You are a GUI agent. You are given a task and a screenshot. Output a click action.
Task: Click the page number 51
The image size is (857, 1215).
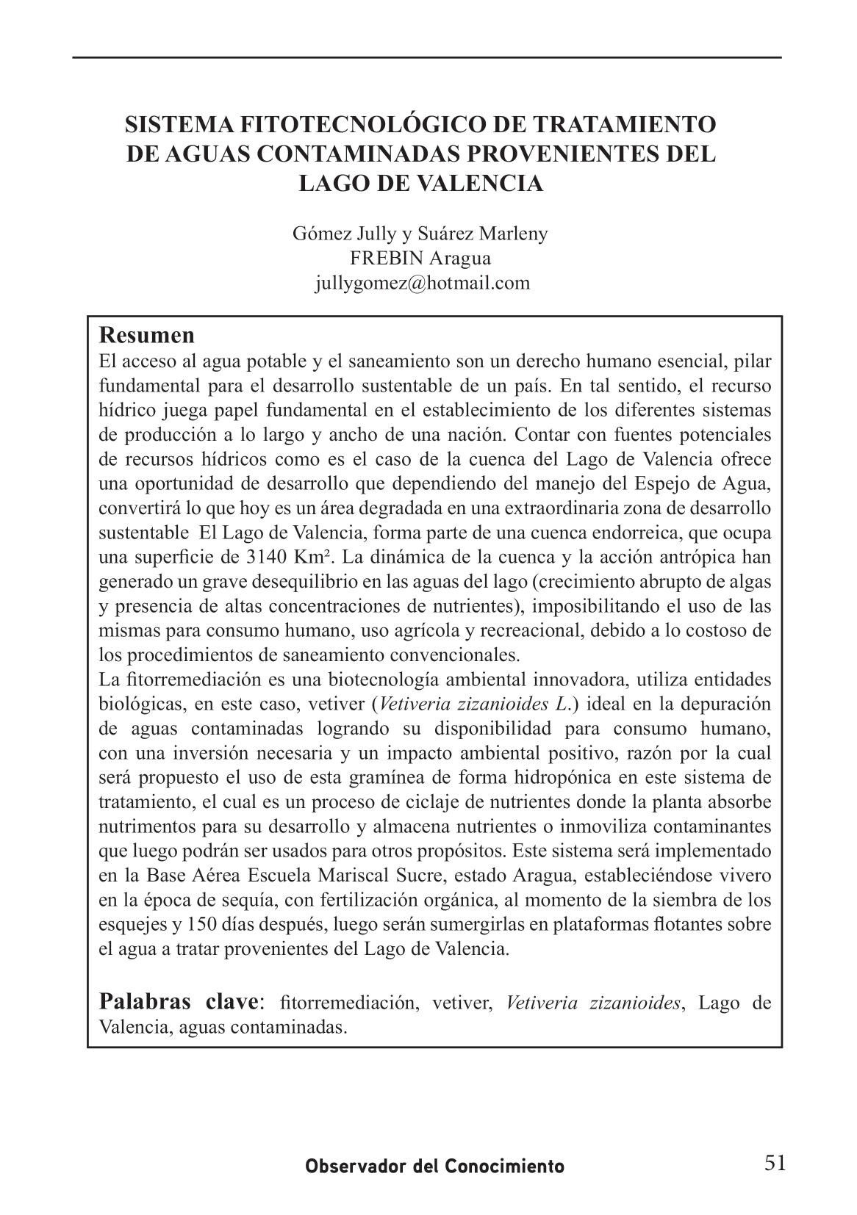[x=775, y=1164]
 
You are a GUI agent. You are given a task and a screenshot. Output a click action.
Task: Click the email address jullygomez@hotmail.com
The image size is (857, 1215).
[x=422, y=283]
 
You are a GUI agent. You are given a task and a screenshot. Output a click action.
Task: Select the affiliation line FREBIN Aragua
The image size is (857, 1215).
[x=420, y=259]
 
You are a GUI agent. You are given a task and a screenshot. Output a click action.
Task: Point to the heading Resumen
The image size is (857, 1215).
[x=147, y=335]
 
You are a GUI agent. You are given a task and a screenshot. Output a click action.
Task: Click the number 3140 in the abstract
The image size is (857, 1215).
[x=270, y=558]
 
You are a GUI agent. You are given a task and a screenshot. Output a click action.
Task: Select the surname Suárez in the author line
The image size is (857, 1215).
[x=448, y=234]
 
